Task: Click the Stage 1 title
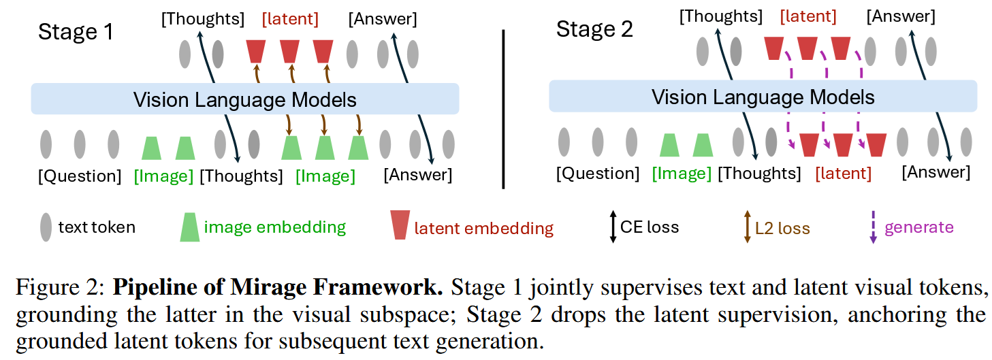[x=76, y=32]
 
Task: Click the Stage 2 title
[x=594, y=29]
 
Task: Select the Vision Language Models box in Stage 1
[x=245, y=99]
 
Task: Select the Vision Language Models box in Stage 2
[x=763, y=96]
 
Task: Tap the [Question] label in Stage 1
[x=80, y=176]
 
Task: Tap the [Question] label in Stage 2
[x=598, y=173]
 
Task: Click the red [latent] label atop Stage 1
[x=290, y=19]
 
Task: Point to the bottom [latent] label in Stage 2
[x=843, y=173]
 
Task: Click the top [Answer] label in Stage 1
[x=383, y=19]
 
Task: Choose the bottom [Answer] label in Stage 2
[x=935, y=172]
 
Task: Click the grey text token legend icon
[x=46, y=227]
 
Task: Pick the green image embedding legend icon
[x=189, y=227]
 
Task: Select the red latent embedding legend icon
[x=400, y=225]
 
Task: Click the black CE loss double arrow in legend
[x=613, y=227]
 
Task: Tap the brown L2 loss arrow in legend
[x=747, y=227]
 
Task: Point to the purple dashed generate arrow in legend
[x=873, y=227]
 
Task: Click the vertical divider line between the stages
[x=504, y=110]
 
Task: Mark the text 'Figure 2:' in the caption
[x=60, y=287]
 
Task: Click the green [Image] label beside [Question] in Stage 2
[x=682, y=173]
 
